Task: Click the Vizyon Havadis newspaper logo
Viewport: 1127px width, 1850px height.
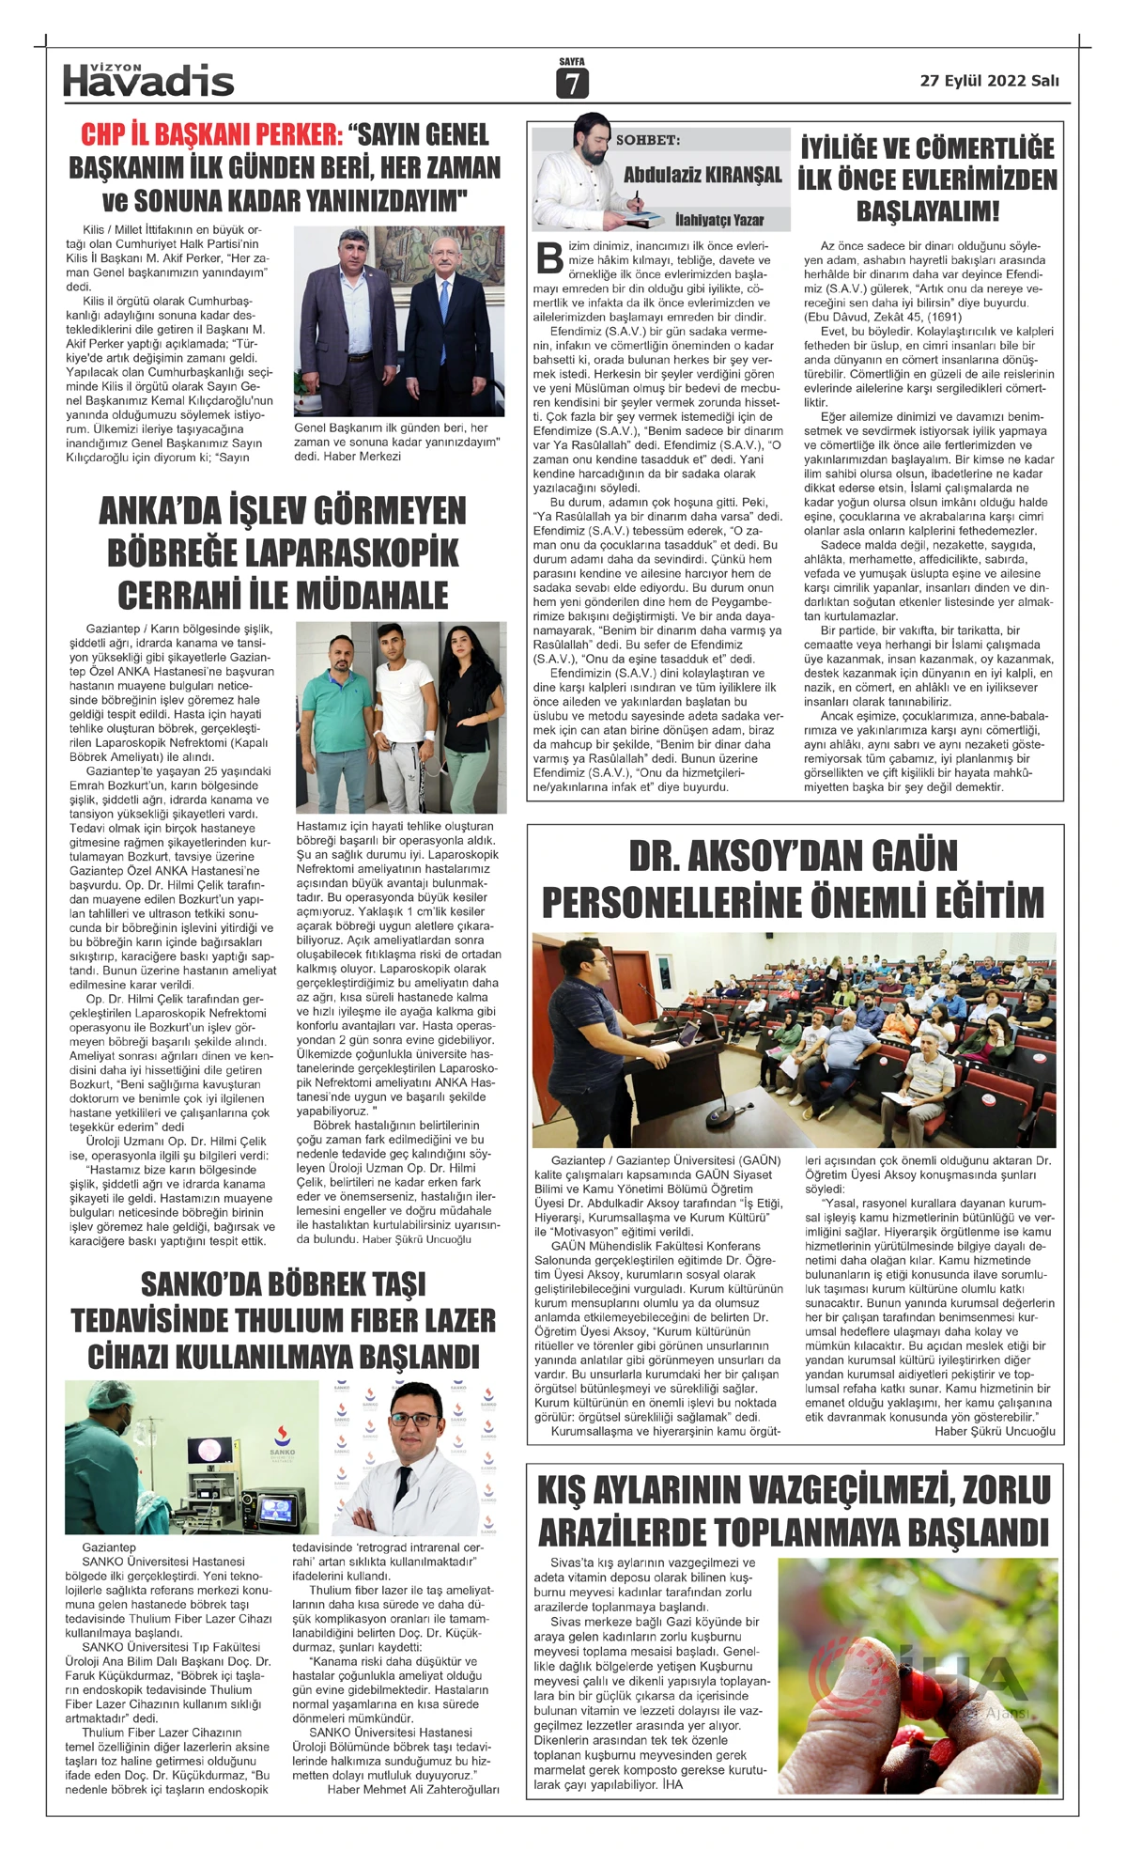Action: [148, 81]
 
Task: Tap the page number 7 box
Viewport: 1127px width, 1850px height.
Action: [572, 84]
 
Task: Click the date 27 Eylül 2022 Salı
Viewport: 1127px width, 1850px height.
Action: [989, 81]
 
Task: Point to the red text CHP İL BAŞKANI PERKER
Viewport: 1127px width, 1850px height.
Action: [211, 134]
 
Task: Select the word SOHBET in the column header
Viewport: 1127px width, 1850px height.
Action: [648, 140]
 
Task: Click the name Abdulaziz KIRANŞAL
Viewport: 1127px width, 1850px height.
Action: [702, 175]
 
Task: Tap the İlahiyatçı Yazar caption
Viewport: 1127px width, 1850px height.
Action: [719, 220]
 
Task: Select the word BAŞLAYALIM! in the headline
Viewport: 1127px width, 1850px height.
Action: [928, 210]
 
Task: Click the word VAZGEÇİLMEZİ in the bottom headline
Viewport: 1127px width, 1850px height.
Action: [822, 1490]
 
